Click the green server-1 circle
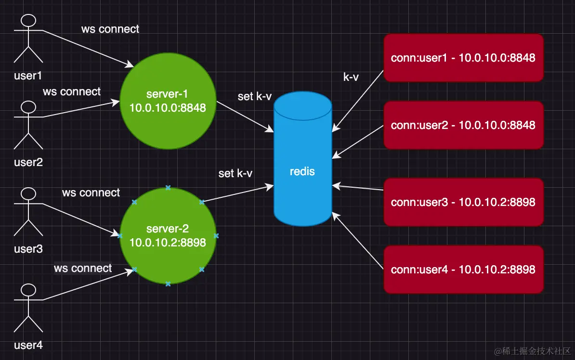click(x=168, y=101)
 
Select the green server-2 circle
click(x=168, y=235)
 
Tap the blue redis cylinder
click(x=303, y=159)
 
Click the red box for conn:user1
click(x=463, y=58)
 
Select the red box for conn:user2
click(x=463, y=125)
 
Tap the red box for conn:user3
click(x=463, y=202)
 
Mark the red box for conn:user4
click(x=463, y=270)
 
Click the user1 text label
click(x=28, y=76)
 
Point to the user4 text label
click(x=28, y=345)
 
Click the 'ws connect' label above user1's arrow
click(x=110, y=29)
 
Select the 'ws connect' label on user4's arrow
click(x=83, y=268)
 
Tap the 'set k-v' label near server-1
click(x=255, y=96)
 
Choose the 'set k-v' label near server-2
click(x=235, y=173)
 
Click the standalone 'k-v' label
click(x=351, y=77)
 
